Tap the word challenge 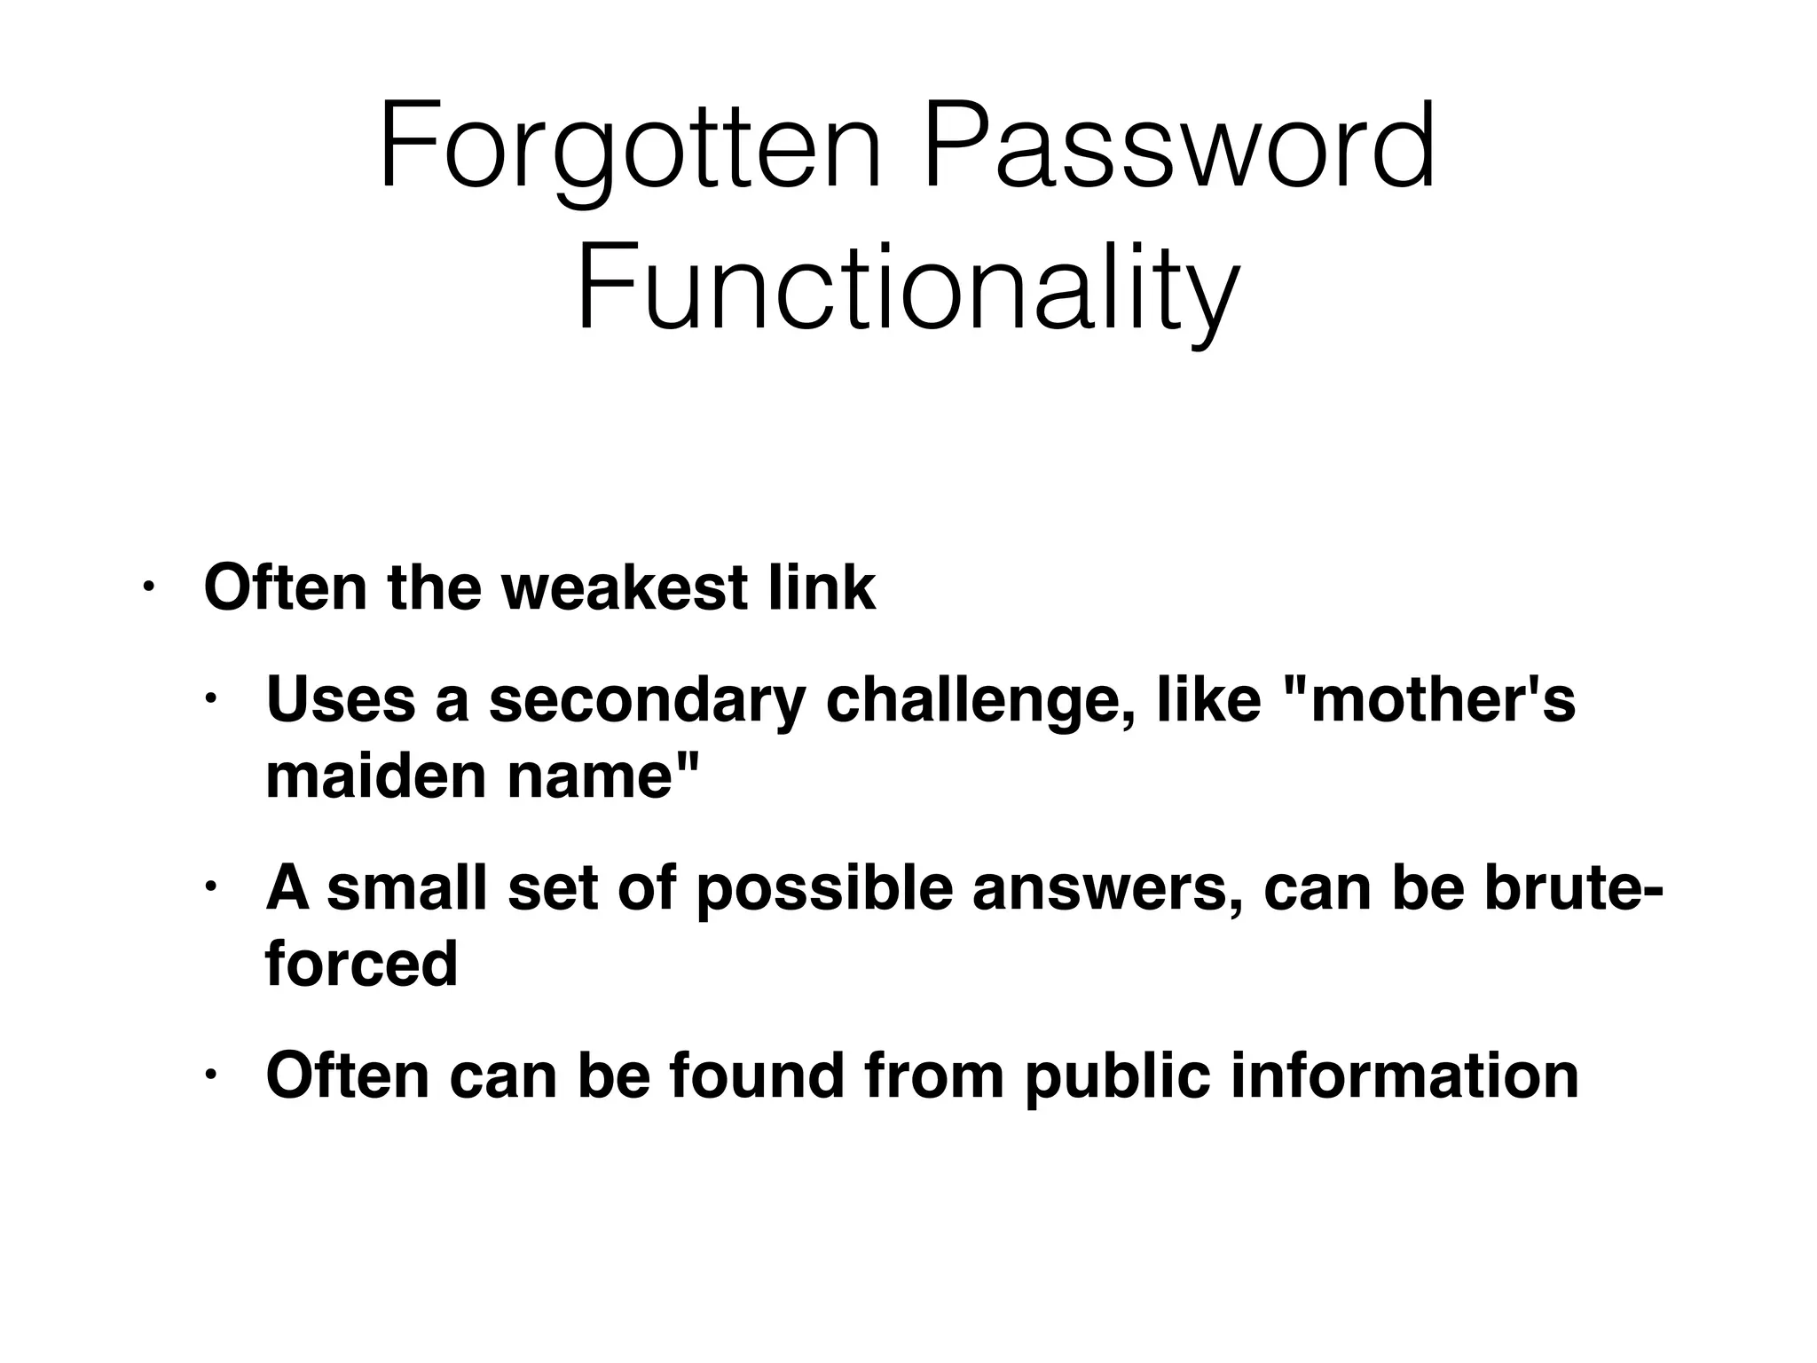[x=979, y=699]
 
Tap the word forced [x=361, y=964]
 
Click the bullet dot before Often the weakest [x=148, y=587]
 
